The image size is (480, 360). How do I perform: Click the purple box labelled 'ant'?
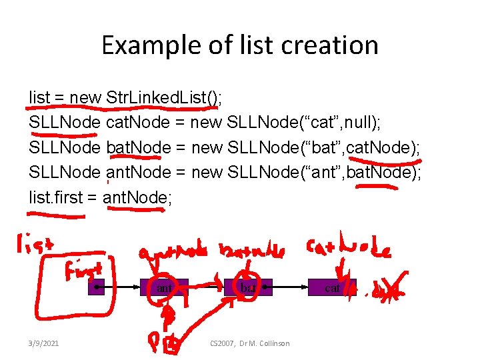[165, 287]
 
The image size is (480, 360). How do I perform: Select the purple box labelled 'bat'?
[248, 287]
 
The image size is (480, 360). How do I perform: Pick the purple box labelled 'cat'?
[331, 287]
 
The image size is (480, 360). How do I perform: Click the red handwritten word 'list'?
[34, 246]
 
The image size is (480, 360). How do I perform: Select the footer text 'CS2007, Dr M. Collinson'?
[250, 343]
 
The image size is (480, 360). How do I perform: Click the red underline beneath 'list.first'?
[56, 215]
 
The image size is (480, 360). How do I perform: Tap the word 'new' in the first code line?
[85, 98]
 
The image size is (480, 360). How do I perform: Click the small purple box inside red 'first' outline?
[97, 287]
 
